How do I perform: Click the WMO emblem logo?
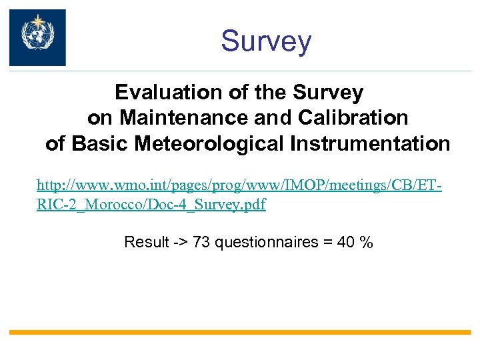point(37,37)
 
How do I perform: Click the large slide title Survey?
point(266,41)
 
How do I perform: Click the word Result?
point(147,242)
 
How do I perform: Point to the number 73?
point(201,242)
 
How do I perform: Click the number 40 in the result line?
point(346,242)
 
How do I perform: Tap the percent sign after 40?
point(365,242)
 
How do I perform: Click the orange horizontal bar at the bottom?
point(240,331)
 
